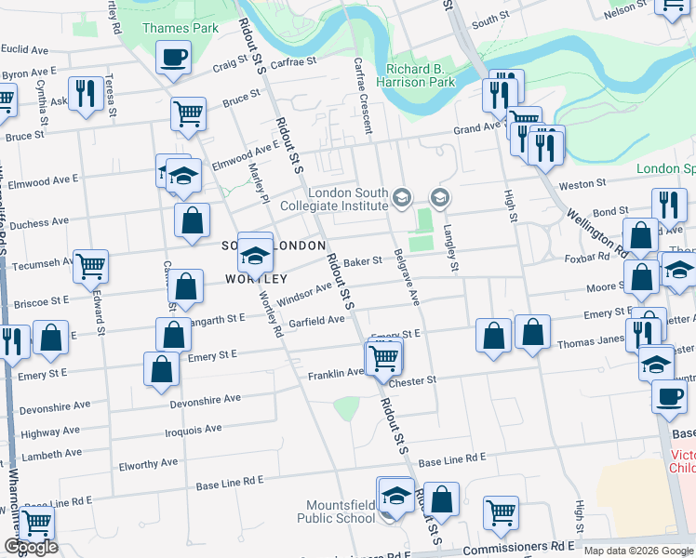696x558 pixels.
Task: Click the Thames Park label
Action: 181,28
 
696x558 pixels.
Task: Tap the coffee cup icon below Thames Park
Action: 174,59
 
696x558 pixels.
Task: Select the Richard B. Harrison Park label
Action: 421,75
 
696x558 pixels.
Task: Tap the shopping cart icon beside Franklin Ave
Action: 383,357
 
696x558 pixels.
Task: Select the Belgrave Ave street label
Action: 407,277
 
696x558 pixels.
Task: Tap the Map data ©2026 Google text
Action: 637,551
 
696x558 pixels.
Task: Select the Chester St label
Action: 413,381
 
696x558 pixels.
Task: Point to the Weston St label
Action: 582,184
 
